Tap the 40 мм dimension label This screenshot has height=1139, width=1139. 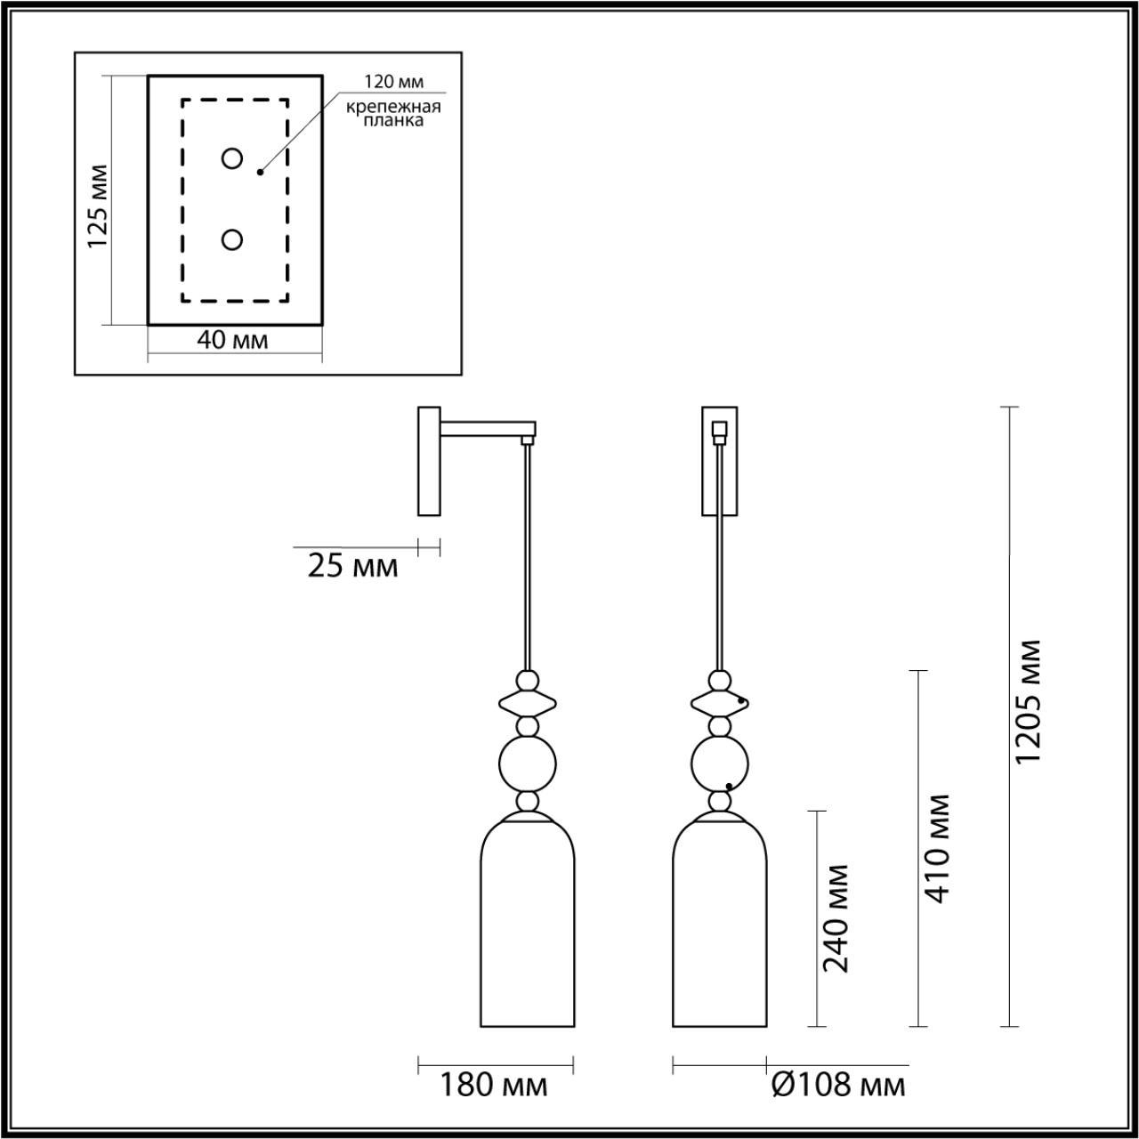click(232, 341)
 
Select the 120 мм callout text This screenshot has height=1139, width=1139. click(392, 82)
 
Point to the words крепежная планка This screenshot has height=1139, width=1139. click(393, 114)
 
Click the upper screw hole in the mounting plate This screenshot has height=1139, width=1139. click(232, 159)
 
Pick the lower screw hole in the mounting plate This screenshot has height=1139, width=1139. click(232, 240)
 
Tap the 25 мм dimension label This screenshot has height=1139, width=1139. click(352, 566)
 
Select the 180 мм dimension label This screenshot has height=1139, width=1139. click(494, 1085)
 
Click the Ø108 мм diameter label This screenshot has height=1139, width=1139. click(838, 1085)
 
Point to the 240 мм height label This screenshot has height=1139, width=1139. click(836, 918)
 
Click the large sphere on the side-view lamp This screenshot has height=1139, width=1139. click(528, 763)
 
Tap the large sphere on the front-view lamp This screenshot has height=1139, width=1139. click(720, 763)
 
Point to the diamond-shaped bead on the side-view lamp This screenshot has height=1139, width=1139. click(528, 704)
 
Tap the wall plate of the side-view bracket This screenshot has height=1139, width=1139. click(429, 461)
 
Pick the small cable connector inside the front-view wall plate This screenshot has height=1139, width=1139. click(720, 432)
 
